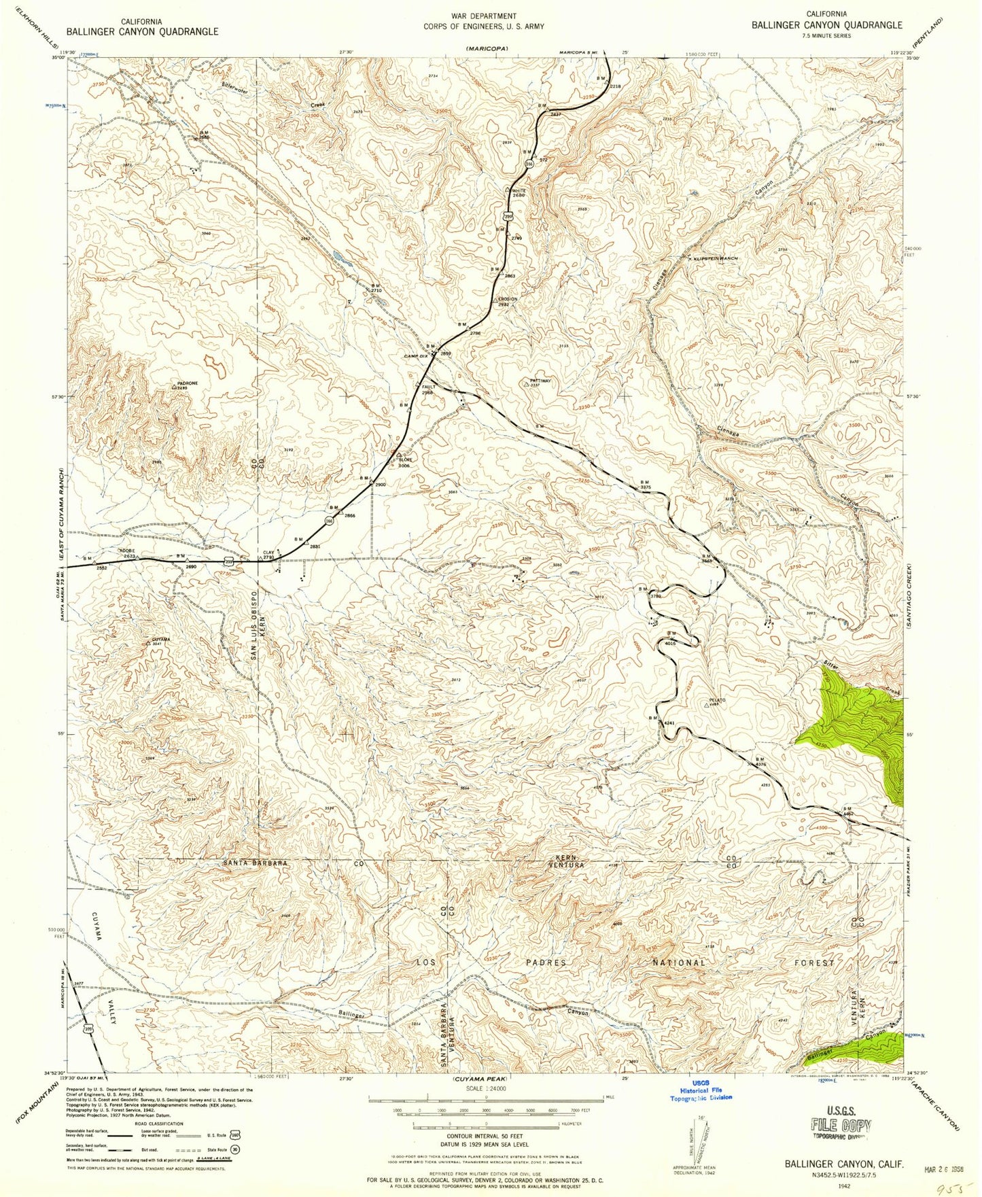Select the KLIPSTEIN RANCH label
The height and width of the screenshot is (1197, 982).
pyautogui.click(x=715, y=258)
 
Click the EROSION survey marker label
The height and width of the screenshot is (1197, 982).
pyautogui.click(x=507, y=298)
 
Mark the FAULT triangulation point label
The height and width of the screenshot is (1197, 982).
pyautogui.click(x=428, y=387)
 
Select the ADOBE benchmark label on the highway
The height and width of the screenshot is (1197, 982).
pyautogui.click(x=127, y=551)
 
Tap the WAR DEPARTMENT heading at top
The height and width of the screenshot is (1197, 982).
pyautogui.click(x=483, y=16)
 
